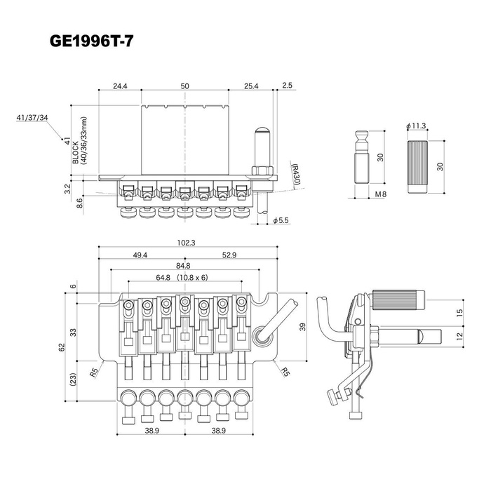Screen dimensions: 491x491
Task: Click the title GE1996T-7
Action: point(91,41)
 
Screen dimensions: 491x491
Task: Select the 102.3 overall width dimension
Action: point(186,243)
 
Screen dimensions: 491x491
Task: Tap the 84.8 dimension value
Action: point(183,266)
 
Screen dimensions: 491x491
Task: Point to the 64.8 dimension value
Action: point(163,278)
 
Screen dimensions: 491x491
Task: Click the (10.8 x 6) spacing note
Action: point(192,278)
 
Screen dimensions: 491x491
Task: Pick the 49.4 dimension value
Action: point(140,255)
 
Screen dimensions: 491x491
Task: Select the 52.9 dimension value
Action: point(229,255)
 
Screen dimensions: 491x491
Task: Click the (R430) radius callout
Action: point(295,174)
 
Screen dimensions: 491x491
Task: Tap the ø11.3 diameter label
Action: point(416,126)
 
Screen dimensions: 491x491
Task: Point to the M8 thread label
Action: point(381,194)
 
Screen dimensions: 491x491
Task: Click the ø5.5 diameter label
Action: point(281,220)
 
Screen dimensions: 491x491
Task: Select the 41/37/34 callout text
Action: point(32,118)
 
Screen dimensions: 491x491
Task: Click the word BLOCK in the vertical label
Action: point(76,152)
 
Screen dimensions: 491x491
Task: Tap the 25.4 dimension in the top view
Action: point(251,86)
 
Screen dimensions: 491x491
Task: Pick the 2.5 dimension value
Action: point(287,85)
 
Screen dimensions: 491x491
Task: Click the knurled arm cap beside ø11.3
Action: point(417,167)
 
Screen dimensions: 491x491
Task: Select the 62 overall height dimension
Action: point(62,347)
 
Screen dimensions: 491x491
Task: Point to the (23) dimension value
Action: point(73,379)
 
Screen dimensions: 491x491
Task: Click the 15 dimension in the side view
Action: point(459,313)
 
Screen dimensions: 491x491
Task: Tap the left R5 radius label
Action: point(94,372)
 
